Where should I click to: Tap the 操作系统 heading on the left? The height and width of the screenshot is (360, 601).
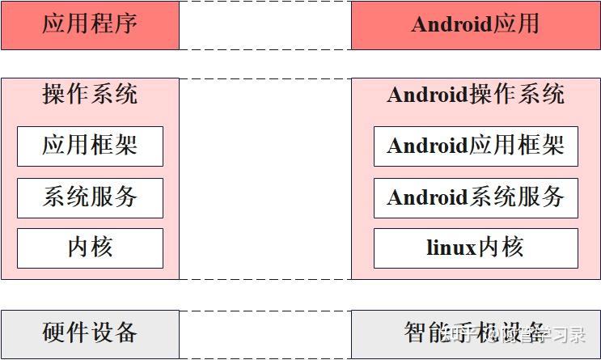90,95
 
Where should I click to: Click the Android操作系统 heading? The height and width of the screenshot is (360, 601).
476,95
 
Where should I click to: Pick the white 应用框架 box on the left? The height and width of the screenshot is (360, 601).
90,146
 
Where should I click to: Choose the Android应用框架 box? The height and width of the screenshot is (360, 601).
476,146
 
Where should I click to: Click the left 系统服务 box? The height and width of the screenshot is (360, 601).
90,197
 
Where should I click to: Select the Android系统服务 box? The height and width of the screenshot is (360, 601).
476,197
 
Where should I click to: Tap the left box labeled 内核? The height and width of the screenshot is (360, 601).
90,248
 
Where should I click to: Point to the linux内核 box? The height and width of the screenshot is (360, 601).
476,248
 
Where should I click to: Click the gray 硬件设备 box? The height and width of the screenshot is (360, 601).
90,333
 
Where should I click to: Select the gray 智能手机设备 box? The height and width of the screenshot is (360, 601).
476,333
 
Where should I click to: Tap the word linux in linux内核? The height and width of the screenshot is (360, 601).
451,248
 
